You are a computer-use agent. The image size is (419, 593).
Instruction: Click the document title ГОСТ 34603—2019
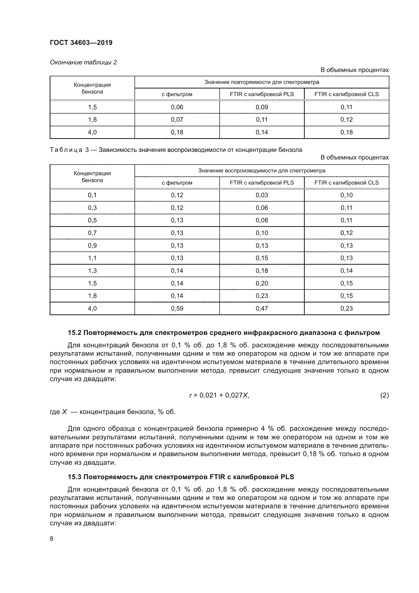tap(81, 43)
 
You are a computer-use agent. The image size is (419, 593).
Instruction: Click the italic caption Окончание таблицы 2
tap(83, 62)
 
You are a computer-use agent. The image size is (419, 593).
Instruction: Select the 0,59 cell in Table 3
tap(177, 308)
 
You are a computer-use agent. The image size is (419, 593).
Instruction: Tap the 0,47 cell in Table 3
tap(262, 308)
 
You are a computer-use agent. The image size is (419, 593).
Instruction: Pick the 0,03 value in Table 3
tap(262, 195)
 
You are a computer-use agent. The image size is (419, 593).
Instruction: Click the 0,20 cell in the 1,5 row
tap(262, 283)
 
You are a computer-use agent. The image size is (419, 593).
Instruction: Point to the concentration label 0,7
tap(92, 233)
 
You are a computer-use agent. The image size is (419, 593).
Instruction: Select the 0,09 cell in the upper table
tap(262, 107)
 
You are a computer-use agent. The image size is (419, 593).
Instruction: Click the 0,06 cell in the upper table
tap(177, 107)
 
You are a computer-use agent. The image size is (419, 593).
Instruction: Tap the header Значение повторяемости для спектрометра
tap(262, 82)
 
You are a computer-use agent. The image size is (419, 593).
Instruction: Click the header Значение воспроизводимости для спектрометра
tap(262, 170)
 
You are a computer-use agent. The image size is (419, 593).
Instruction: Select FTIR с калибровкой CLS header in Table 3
tap(346, 183)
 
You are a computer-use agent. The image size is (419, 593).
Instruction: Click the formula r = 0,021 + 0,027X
tap(219, 395)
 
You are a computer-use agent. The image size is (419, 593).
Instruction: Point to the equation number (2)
tap(384, 395)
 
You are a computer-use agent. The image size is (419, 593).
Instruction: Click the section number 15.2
tap(74, 333)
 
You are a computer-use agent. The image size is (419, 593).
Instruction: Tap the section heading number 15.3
tap(74, 477)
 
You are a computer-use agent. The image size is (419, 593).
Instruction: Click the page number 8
tap(52, 539)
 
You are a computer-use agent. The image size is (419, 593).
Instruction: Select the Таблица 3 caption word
tap(66, 150)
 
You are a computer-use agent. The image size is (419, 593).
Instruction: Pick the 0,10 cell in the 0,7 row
tap(262, 233)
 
